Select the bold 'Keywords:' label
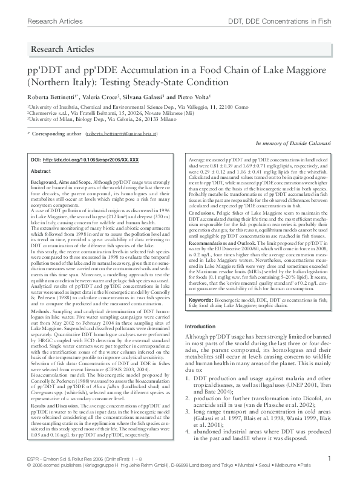tap(201, 300)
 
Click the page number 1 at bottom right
tap(329, 459)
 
